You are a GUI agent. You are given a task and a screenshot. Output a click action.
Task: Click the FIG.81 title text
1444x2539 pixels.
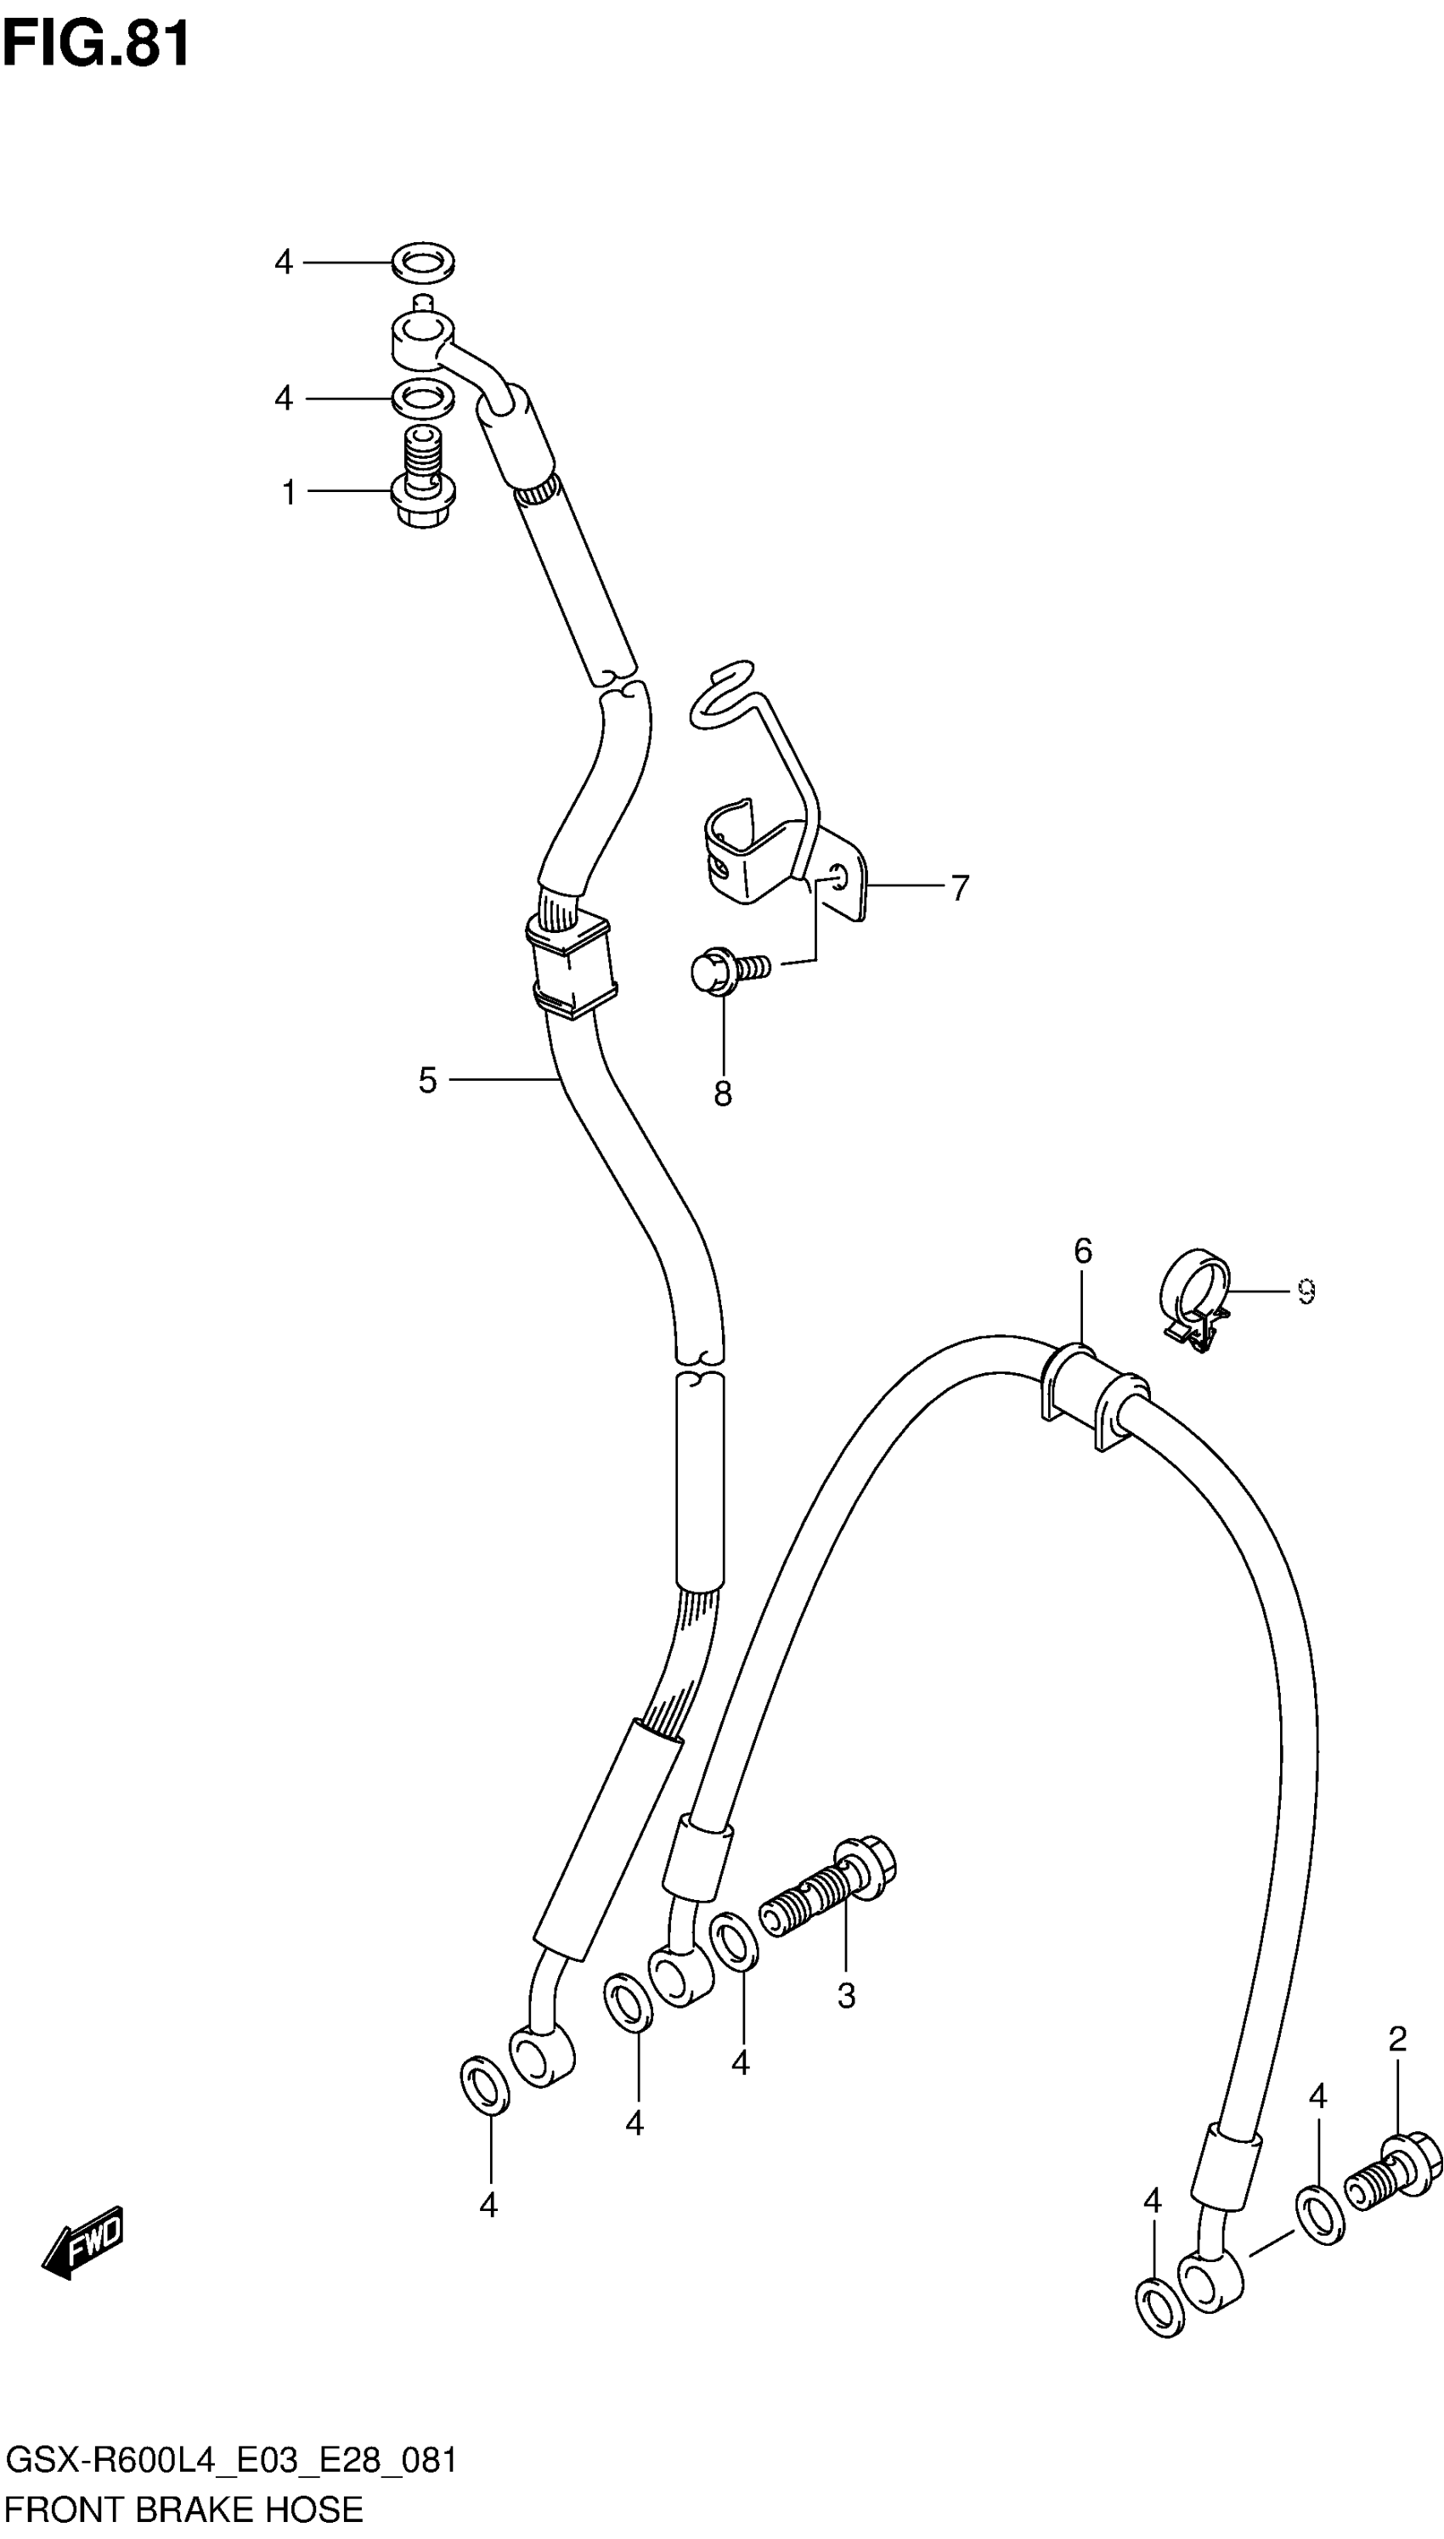96,45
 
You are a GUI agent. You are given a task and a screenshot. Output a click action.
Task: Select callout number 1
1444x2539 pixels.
289,492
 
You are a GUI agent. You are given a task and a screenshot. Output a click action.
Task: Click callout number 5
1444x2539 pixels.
427,1080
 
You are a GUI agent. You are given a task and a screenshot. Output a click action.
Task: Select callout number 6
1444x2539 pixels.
1082,1252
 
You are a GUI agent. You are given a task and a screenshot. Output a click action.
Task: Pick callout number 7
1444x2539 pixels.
959,888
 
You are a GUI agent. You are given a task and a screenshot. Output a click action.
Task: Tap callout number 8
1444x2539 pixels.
723,1093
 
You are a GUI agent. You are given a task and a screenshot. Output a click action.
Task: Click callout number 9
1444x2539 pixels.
1306,1292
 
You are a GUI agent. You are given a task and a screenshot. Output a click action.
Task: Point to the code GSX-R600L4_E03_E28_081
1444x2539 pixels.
231,2461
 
